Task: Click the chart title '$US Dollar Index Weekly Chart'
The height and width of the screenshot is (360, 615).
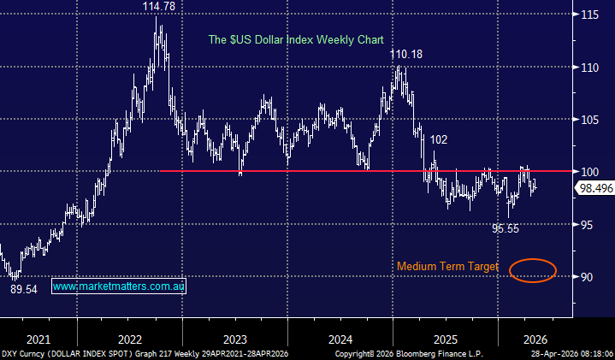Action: click(297, 40)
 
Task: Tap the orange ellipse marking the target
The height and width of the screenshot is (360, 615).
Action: click(532, 270)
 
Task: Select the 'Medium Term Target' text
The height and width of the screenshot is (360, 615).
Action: click(447, 267)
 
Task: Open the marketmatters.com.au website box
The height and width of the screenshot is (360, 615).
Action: click(119, 287)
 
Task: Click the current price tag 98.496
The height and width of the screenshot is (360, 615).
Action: click(591, 190)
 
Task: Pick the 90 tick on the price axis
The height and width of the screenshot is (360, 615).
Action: click(588, 277)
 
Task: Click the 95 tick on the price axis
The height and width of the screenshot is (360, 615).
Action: click(588, 225)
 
